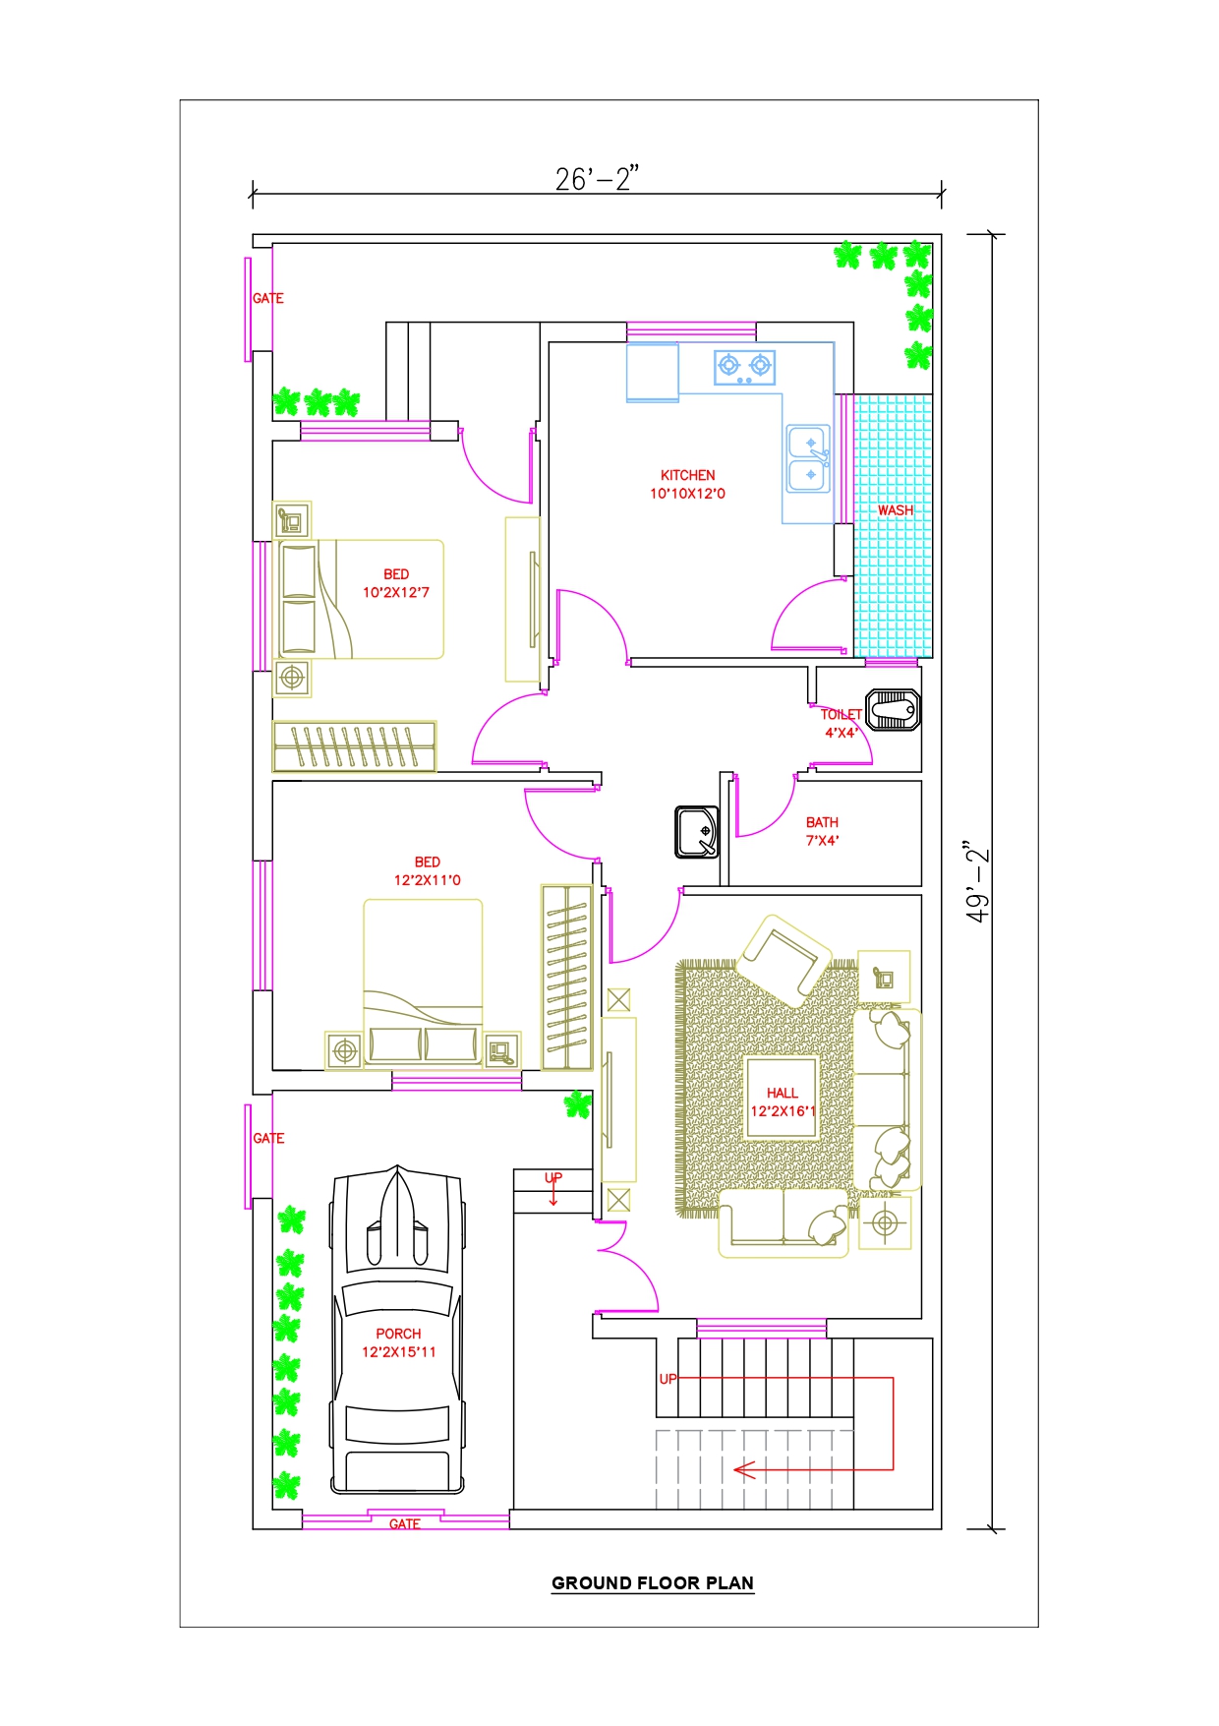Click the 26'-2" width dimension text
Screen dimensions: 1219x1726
[x=597, y=178]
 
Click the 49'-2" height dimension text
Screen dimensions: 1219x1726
[x=977, y=881]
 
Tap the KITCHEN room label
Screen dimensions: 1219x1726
[x=688, y=475]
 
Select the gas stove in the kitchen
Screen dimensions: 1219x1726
[x=744, y=367]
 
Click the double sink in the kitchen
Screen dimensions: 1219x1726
[x=809, y=459]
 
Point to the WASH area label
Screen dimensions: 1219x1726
[x=896, y=510]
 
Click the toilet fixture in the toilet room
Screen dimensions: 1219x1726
[x=893, y=710]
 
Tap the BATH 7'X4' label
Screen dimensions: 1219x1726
[x=823, y=831]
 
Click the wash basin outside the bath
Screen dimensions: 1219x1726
[x=697, y=832]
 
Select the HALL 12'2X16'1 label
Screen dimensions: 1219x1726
[x=784, y=1102]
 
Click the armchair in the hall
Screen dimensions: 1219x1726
[x=784, y=959]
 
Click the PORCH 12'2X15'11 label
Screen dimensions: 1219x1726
[x=398, y=1342]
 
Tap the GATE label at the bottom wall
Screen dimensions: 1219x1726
[x=405, y=1523]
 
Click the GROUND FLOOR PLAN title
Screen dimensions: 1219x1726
[x=653, y=1583]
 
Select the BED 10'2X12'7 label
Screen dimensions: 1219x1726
[x=396, y=583]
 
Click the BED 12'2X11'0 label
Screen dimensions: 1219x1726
[x=428, y=871]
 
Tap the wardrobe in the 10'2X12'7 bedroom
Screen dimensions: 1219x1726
[x=354, y=746]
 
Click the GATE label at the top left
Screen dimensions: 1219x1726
[x=268, y=298]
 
